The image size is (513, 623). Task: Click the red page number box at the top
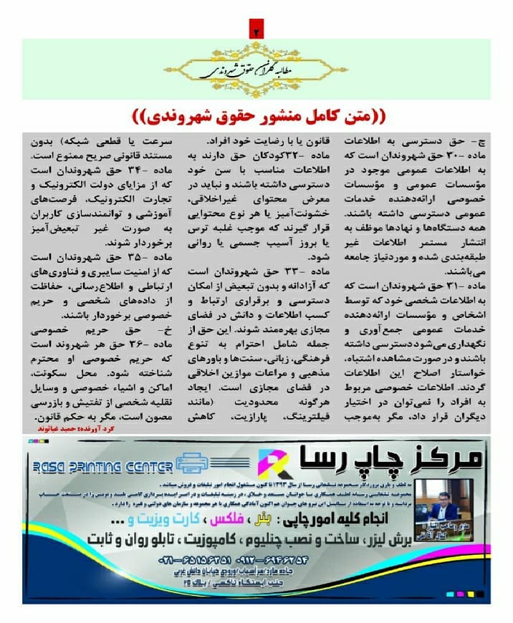(256, 31)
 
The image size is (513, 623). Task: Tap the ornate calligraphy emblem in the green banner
(256, 68)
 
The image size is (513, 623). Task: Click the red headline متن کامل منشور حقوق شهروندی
(256, 115)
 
